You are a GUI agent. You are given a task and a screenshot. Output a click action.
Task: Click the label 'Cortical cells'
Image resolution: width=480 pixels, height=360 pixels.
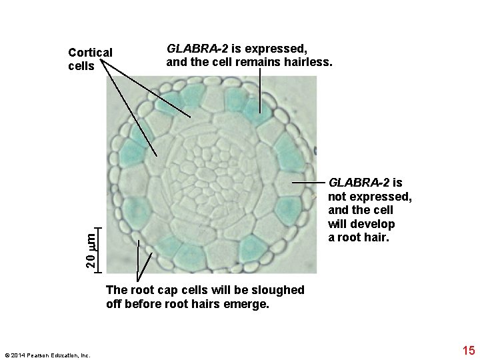(90, 59)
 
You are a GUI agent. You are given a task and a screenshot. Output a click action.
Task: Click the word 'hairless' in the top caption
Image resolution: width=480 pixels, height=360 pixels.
(309, 63)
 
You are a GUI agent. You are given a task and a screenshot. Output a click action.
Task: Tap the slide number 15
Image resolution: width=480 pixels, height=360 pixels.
(468, 349)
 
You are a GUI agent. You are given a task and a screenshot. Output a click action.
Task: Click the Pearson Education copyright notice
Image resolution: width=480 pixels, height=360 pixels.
(47, 355)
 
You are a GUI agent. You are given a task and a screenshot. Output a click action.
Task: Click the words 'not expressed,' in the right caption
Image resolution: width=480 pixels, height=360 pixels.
(369, 197)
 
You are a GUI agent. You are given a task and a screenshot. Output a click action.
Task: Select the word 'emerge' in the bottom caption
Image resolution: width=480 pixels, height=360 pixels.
(250, 304)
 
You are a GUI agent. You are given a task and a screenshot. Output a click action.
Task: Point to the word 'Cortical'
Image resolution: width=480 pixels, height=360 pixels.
(90, 53)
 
